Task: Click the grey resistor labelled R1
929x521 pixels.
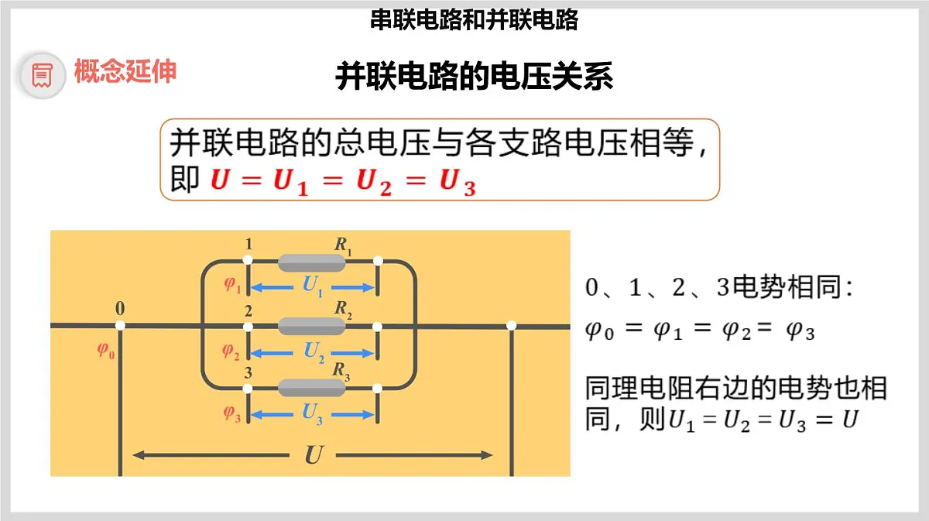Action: click(311, 262)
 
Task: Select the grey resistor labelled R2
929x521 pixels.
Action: click(311, 326)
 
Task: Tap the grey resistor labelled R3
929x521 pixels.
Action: click(311, 388)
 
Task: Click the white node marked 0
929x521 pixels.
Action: click(120, 326)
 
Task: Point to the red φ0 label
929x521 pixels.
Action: click(106, 351)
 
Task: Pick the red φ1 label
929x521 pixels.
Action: click(232, 285)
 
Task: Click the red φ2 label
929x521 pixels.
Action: click(231, 351)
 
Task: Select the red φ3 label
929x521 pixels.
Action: click(232, 413)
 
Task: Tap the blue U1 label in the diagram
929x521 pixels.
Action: click(313, 286)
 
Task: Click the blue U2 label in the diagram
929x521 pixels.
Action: click(314, 352)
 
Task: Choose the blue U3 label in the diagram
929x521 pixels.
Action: click(312, 414)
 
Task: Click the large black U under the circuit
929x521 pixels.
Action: click(314, 455)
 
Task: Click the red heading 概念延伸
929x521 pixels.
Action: click(125, 71)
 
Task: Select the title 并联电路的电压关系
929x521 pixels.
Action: click(474, 77)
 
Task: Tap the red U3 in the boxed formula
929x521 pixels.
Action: click(458, 182)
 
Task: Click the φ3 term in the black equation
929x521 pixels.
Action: click(800, 331)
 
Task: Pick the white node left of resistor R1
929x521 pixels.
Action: click(248, 260)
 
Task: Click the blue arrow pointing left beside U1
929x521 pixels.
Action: click(273, 287)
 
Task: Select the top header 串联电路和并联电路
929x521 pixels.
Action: click(474, 20)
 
